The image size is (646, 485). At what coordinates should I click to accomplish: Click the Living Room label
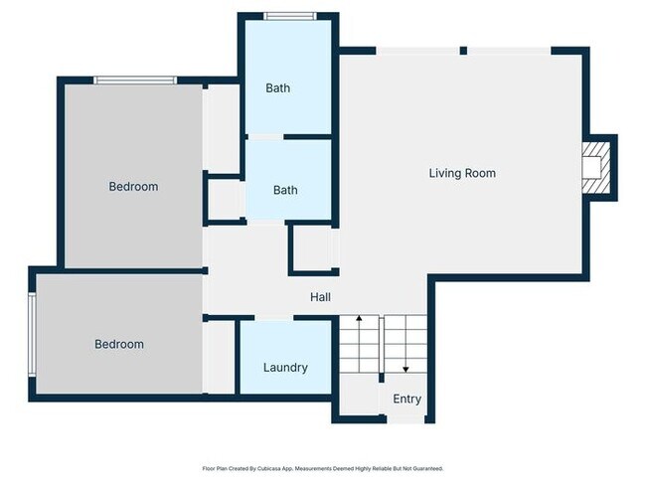tap(462, 174)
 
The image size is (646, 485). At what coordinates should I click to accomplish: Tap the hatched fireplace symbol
tap(594, 166)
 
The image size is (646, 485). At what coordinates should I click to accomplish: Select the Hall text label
tap(320, 297)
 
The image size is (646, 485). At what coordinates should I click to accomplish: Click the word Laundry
tap(285, 368)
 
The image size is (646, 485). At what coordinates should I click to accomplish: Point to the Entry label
tap(406, 400)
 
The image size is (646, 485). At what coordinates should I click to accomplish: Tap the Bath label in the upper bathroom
tap(278, 88)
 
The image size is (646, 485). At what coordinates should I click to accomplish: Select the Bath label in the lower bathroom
tap(285, 191)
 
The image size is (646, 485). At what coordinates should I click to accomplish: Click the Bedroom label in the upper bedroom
tap(133, 187)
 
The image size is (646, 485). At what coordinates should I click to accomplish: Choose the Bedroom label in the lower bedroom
tap(119, 345)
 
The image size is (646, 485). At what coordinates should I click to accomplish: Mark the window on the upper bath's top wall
tap(290, 15)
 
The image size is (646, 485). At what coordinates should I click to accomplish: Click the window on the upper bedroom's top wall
tap(135, 80)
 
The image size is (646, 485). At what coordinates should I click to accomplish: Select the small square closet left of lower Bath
tap(224, 199)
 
